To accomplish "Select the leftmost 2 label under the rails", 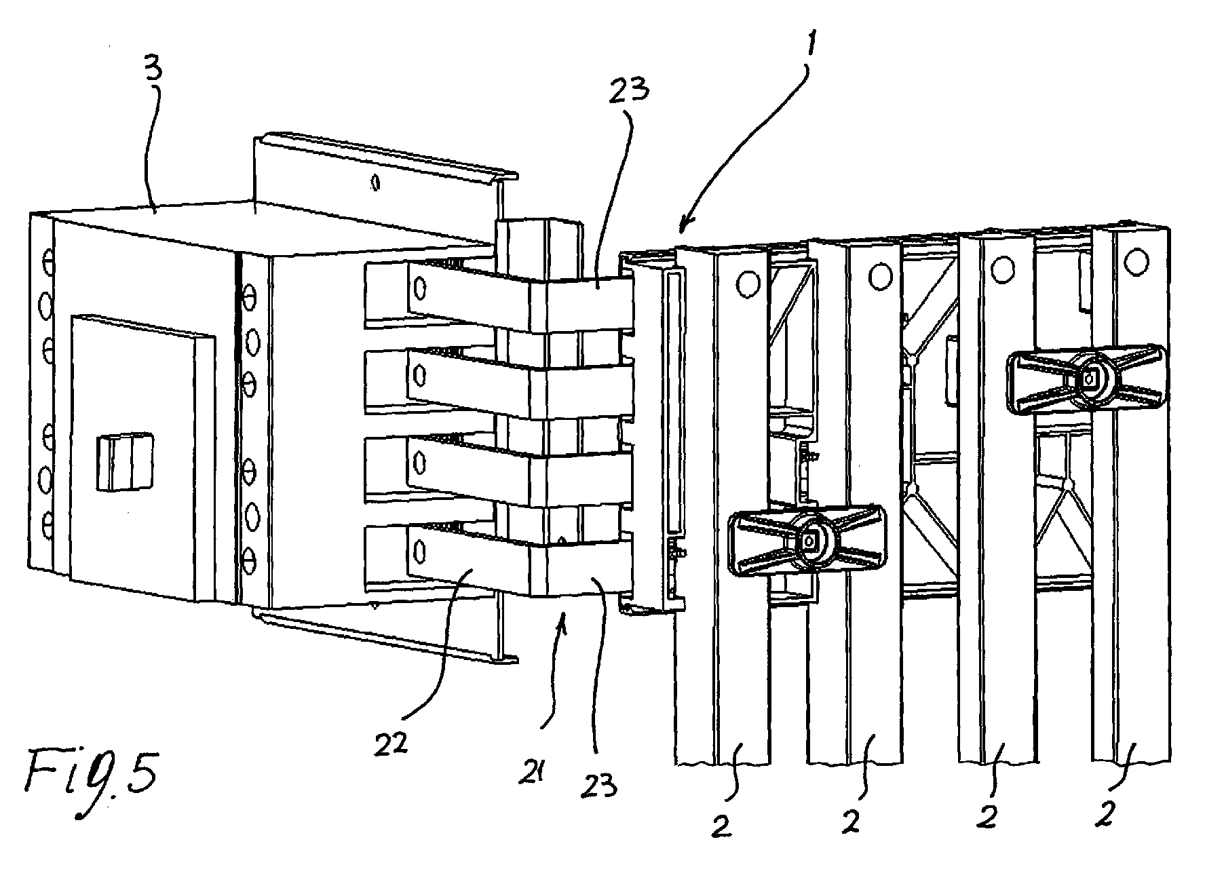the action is point(721,827).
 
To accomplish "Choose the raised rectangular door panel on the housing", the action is point(139,458).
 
